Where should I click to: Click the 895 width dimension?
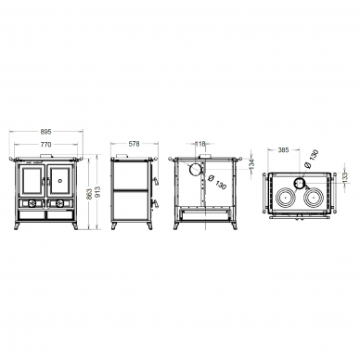pyautogui.click(x=45, y=132)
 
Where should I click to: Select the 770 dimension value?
pyautogui.click(x=45, y=145)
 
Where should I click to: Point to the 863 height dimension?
pyautogui.click(x=89, y=193)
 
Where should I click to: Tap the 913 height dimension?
pyautogui.click(x=98, y=193)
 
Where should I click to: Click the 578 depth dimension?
pyautogui.click(x=135, y=144)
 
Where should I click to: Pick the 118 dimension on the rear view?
pyautogui.click(x=200, y=144)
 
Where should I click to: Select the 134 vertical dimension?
pyautogui.click(x=251, y=163)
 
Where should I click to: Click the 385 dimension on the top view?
pyautogui.click(x=283, y=150)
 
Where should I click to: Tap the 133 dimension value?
pyautogui.click(x=345, y=177)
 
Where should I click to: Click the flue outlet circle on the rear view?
pyautogui.click(x=195, y=170)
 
